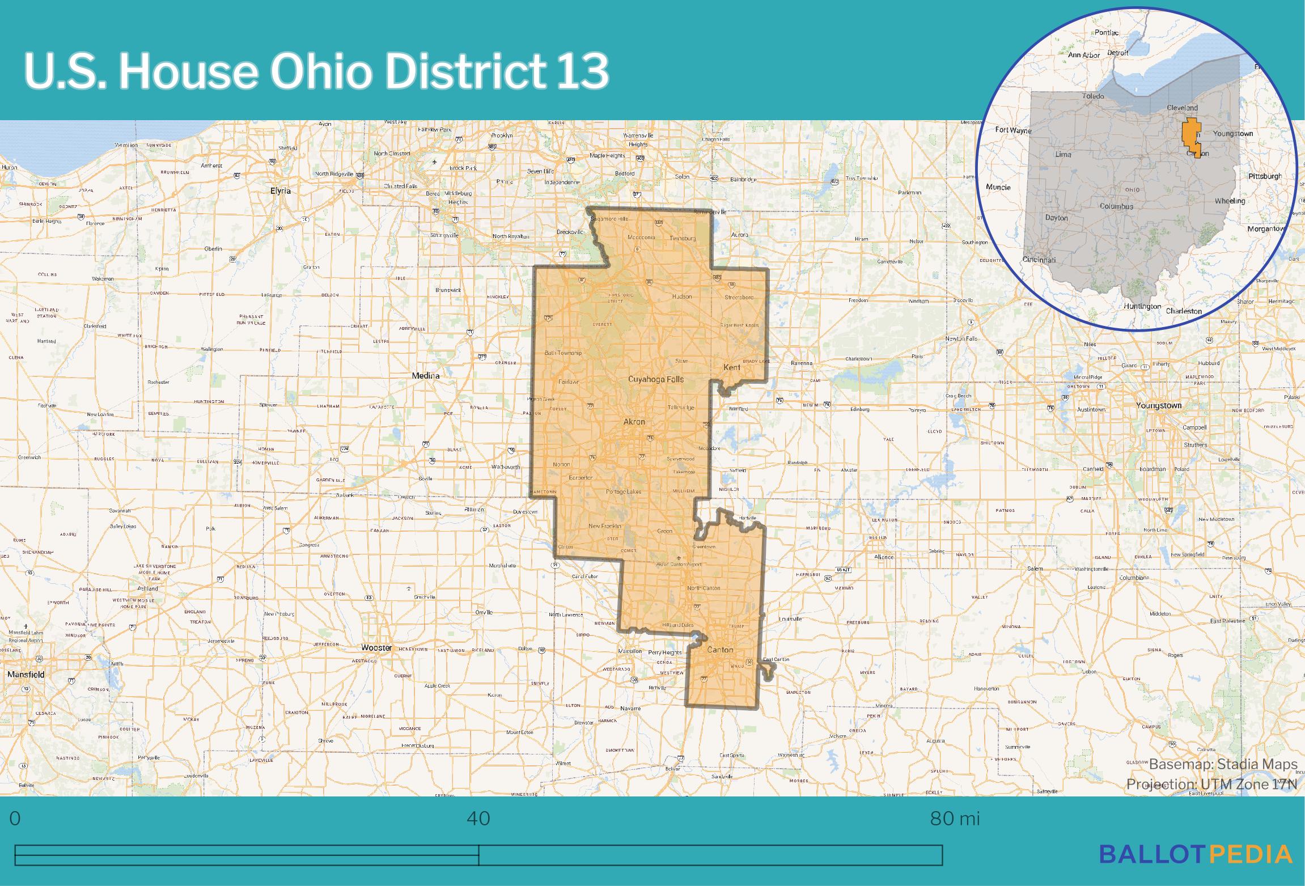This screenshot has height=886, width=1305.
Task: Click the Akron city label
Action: [x=634, y=422]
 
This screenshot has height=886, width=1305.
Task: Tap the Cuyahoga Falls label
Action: [x=656, y=379]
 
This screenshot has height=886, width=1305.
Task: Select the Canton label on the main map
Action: [x=720, y=650]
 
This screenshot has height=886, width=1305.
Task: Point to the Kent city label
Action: [x=732, y=367]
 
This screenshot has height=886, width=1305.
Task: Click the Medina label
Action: [x=426, y=375]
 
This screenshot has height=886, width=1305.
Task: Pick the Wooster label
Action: [x=376, y=647]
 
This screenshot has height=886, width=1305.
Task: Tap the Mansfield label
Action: [x=26, y=675]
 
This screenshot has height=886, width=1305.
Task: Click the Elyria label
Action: [x=281, y=191]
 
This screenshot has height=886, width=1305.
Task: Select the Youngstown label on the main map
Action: [x=1159, y=405]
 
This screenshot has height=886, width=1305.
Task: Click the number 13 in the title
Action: [x=582, y=71]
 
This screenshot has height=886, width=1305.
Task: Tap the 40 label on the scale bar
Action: [x=478, y=819]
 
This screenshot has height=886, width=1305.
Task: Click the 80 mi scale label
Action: [x=955, y=819]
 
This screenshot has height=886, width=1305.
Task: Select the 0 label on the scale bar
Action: [x=15, y=819]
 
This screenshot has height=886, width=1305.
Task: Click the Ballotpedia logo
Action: [x=1196, y=854]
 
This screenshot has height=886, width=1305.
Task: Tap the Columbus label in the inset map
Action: [x=1116, y=206]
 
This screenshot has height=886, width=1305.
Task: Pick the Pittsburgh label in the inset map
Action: [x=1265, y=176]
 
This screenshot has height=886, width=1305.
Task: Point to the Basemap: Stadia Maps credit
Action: [x=1223, y=764]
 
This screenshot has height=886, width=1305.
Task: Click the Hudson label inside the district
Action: [x=682, y=296]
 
